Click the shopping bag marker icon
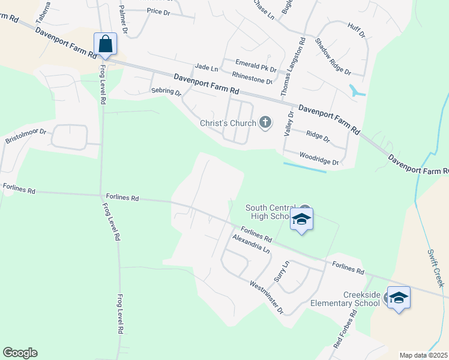pyautogui.click(x=105, y=44)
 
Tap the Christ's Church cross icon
pyautogui.click(x=265, y=124)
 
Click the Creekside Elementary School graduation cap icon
pyautogui.click(x=399, y=298)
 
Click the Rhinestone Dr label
pyautogui.click(x=252, y=77)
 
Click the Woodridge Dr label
pyautogui.click(x=319, y=158)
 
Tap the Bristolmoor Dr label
pyautogui.click(x=26, y=134)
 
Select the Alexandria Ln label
pyautogui.click(x=251, y=243)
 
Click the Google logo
pyautogui.click(x=20, y=353)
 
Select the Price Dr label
pyautogui.click(x=159, y=11)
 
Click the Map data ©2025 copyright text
pyautogui.click(x=423, y=355)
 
